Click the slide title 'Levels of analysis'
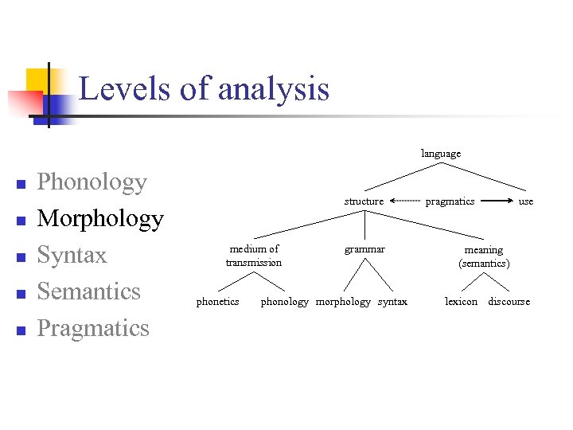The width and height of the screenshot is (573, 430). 204,88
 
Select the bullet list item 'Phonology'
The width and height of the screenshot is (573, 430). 92,182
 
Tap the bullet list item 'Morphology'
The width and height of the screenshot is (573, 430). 100,218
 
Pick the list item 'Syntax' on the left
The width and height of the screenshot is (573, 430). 72,255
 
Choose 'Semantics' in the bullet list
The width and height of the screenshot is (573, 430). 88,291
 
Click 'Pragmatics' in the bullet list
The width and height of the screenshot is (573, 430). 93,328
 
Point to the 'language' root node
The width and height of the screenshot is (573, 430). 441,153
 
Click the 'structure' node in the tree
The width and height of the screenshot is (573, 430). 364,201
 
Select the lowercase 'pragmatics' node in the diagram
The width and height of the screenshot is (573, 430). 450,201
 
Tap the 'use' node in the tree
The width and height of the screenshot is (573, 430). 526,201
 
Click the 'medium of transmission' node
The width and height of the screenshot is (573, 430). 254,256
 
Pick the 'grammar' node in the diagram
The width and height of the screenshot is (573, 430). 364,249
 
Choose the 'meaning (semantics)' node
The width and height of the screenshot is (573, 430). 484,256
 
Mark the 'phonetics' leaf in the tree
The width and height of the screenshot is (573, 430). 217,302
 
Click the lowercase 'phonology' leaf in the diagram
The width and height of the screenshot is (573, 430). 284,302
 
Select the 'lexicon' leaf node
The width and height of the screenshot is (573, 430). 461,302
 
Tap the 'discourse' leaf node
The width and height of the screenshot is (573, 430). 509,302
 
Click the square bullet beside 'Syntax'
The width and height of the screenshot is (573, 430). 21,257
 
